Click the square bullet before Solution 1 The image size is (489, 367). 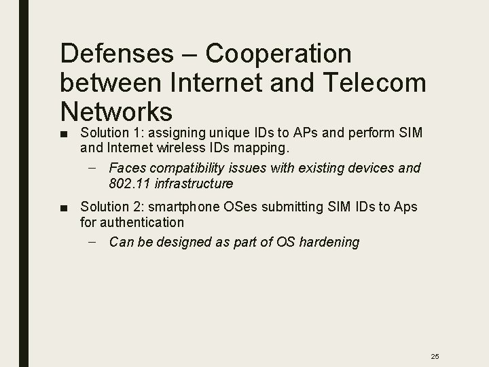[x=62, y=130]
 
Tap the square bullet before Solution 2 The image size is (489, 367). [x=62, y=207]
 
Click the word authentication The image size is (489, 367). [x=132, y=222]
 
